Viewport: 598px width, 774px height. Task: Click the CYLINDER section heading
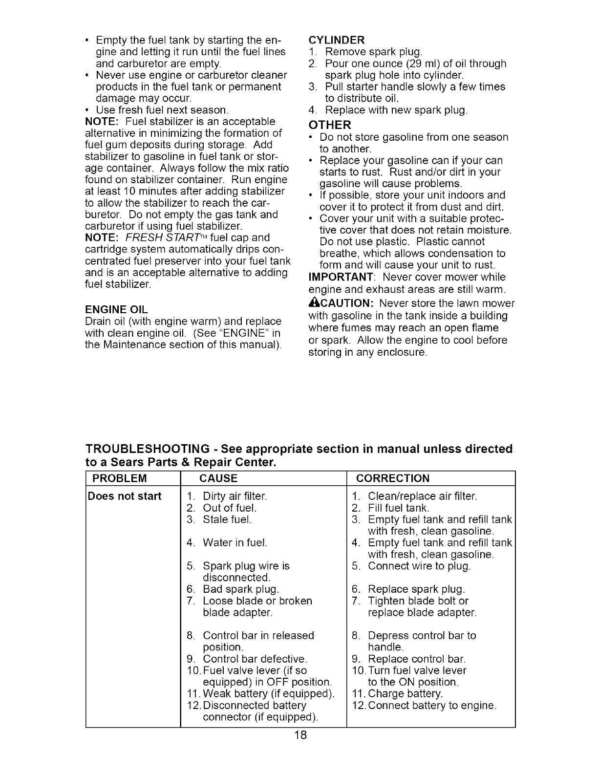pyautogui.click(x=337, y=40)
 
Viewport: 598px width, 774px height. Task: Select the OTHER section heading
pyautogui.click(x=330, y=125)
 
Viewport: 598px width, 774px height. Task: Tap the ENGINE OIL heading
pyautogui.click(x=116, y=310)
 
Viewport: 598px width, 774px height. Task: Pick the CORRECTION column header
pyautogui.click(x=393, y=478)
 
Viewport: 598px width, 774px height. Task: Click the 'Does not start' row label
pyautogui.click(x=125, y=496)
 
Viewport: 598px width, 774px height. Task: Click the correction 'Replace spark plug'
pyautogui.click(x=416, y=589)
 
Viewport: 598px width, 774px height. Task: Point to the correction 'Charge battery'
pyautogui.click(x=405, y=694)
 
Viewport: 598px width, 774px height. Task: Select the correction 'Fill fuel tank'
pyautogui.click(x=398, y=508)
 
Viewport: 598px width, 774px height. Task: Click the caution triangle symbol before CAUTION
pyautogui.click(x=314, y=303)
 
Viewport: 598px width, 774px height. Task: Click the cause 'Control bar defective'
pyautogui.click(x=255, y=659)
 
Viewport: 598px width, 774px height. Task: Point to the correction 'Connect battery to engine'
pyautogui.click(x=432, y=706)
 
